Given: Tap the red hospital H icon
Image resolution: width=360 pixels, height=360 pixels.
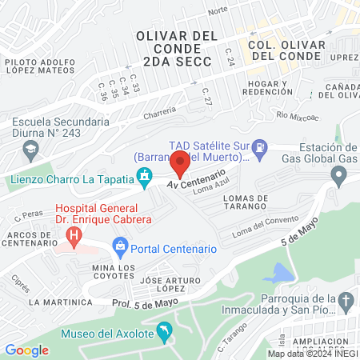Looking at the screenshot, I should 74,236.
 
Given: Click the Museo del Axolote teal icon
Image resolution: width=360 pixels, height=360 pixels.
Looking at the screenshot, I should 164,330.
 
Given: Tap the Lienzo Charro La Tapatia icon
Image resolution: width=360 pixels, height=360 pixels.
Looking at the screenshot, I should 145,175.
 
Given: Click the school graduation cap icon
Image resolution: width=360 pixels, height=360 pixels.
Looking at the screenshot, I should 30,149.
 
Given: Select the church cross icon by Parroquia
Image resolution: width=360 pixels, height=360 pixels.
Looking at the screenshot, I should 346,302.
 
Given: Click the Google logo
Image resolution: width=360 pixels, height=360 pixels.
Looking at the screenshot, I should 26,350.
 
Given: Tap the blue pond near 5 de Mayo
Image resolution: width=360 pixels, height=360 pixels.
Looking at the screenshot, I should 277,273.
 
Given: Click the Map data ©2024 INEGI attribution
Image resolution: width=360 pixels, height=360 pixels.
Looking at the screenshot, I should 313,353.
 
